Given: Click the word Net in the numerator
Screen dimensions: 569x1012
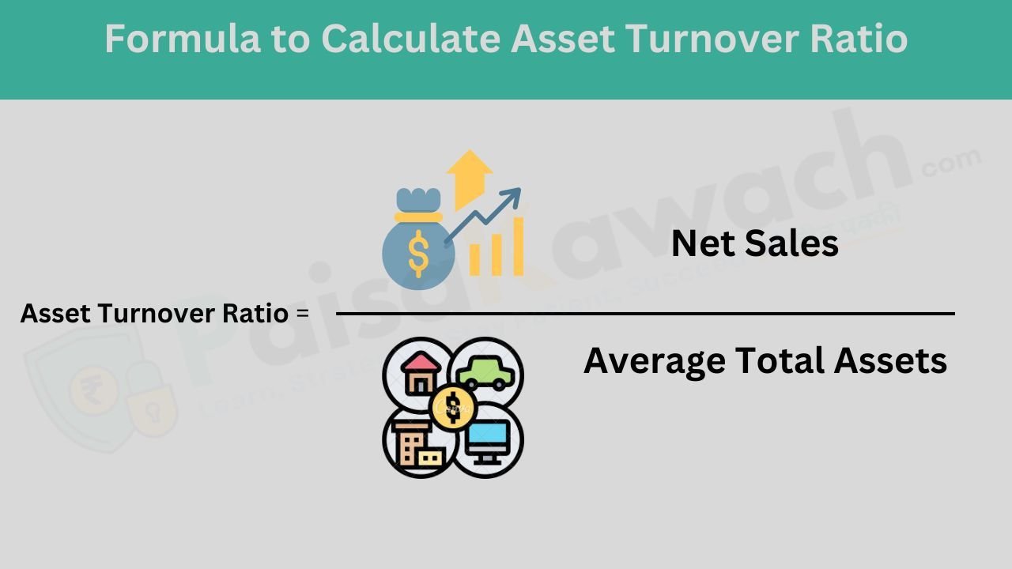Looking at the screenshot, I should (x=700, y=243).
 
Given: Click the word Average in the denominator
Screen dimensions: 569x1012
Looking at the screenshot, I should (x=654, y=361).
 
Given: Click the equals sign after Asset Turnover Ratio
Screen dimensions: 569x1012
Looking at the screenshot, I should (x=301, y=314).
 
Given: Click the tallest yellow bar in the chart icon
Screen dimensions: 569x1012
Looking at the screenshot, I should (x=518, y=246).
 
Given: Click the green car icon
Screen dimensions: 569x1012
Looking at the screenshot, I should (x=484, y=371).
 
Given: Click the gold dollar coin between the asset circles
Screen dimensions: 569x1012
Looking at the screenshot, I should (x=452, y=406).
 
